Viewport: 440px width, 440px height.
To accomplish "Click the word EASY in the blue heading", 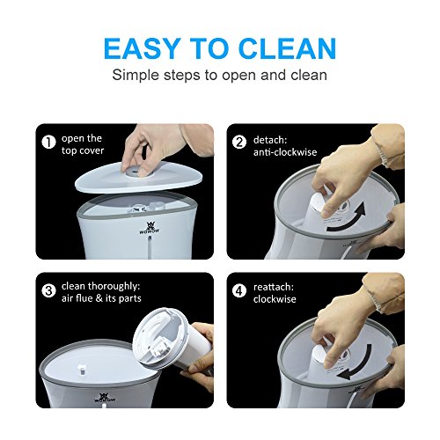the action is pyautogui.click(x=142, y=48).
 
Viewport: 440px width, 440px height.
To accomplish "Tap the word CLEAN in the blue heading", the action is pyautogui.click(x=288, y=48).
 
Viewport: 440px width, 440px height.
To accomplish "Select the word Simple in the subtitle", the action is pyautogui.click(x=136, y=76).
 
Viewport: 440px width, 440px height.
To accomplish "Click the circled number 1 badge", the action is pyautogui.click(x=48, y=142).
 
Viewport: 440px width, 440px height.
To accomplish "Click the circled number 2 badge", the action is pyautogui.click(x=239, y=142).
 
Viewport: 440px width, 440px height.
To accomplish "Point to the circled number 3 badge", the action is pyautogui.click(x=48, y=291).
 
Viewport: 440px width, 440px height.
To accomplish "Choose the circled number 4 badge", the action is pyautogui.click(x=239, y=291).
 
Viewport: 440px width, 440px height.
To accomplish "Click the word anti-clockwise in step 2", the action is pyautogui.click(x=285, y=152).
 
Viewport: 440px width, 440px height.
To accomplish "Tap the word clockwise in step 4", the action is pyautogui.click(x=275, y=299).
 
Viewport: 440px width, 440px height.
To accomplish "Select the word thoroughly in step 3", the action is pyautogui.click(x=114, y=286).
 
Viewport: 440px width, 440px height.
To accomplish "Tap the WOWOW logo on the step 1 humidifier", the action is pyautogui.click(x=150, y=228).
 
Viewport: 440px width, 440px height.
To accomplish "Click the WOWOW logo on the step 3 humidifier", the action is pyautogui.click(x=105, y=398).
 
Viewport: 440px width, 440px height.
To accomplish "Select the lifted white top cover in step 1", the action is pyautogui.click(x=139, y=178).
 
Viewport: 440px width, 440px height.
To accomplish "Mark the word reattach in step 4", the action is pyautogui.click(x=274, y=287).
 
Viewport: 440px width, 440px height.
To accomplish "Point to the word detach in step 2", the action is pyautogui.click(x=270, y=140).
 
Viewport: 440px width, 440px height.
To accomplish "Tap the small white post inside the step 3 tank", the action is pyautogui.click(x=82, y=369).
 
